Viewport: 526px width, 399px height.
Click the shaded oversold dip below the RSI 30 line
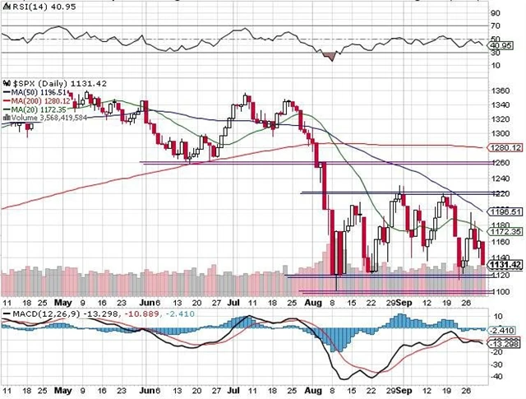pyautogui.click(x=331, y=56)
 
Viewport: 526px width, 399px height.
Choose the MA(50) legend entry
pyautogui.click(x=33, y=92)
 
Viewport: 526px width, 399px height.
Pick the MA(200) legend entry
pyautogui.click(x=35, y=100)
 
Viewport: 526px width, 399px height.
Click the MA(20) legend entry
pyautogui.click(x=33, y=109)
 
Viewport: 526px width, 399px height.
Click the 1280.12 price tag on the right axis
pyautogui.click(x=505, y=147)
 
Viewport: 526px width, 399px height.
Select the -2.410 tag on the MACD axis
pyautogui.click(x=503, y=330)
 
